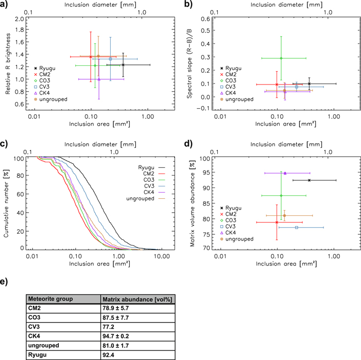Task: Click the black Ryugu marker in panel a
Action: (123, 65)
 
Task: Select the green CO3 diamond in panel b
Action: (281, 58)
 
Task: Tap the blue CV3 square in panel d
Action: (297, 228)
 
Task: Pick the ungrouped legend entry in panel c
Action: (140, 198)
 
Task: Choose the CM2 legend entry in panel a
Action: (48, 74)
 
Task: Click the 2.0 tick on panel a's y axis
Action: (20, 19)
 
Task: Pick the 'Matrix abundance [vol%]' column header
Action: (136, 299)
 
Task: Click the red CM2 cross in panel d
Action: (277, 222)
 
